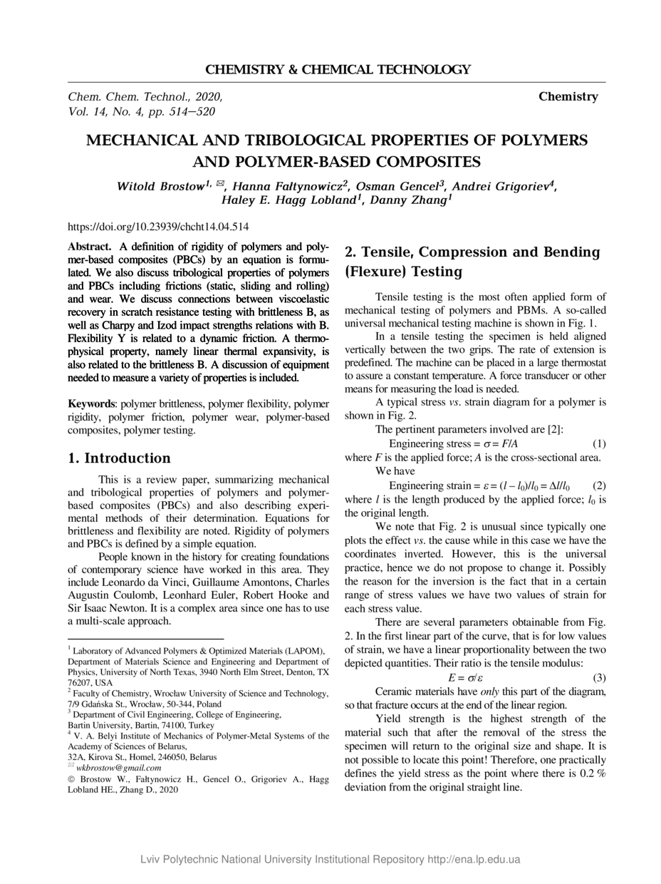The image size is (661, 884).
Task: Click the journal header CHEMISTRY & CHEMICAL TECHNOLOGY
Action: point(338,70)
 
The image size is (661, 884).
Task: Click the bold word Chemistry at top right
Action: point(568,96)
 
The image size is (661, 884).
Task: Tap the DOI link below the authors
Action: point(158,227)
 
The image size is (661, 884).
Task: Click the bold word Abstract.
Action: point(89,245)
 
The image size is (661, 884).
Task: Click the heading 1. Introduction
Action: point(119,458)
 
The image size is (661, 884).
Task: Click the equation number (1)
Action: point(599,443)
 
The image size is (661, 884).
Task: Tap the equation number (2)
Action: point(599,486)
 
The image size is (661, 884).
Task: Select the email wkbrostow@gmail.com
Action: point(118,768)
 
